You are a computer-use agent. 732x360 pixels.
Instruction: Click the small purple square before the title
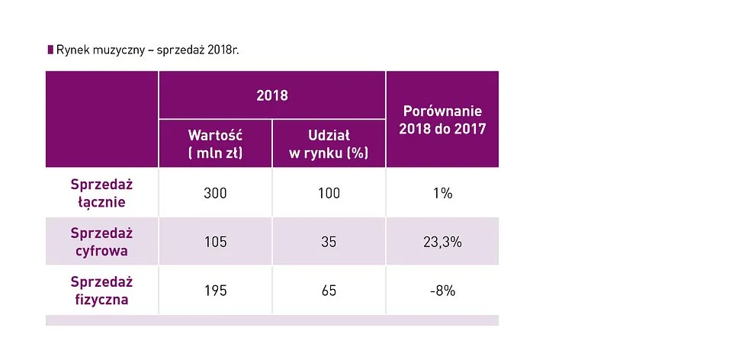click(50, 50)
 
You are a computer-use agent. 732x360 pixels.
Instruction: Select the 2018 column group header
click(272, 95)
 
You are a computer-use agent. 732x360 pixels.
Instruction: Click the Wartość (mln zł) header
click(215, 143)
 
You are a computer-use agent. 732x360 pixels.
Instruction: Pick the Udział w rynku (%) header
click(329, 143)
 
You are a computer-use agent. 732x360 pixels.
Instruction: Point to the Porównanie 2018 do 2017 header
click(442, 121)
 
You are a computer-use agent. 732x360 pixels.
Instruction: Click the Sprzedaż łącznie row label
click(101, 193)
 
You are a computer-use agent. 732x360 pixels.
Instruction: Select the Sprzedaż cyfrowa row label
click(101, 242)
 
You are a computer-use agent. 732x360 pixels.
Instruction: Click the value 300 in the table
click(215, 193)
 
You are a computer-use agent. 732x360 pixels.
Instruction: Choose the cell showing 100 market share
click(329, 193)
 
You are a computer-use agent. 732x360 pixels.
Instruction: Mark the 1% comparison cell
click(442, 193)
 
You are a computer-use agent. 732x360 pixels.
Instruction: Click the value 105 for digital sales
click(215, 242)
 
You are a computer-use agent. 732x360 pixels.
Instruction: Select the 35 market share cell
click(329, 242)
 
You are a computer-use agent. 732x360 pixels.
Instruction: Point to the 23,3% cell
click(442, 242)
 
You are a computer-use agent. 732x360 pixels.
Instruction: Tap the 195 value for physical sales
click(215, 291)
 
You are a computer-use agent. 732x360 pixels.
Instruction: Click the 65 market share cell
click(329, 291)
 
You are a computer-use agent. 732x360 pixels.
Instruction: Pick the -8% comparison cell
click(442, 291)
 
